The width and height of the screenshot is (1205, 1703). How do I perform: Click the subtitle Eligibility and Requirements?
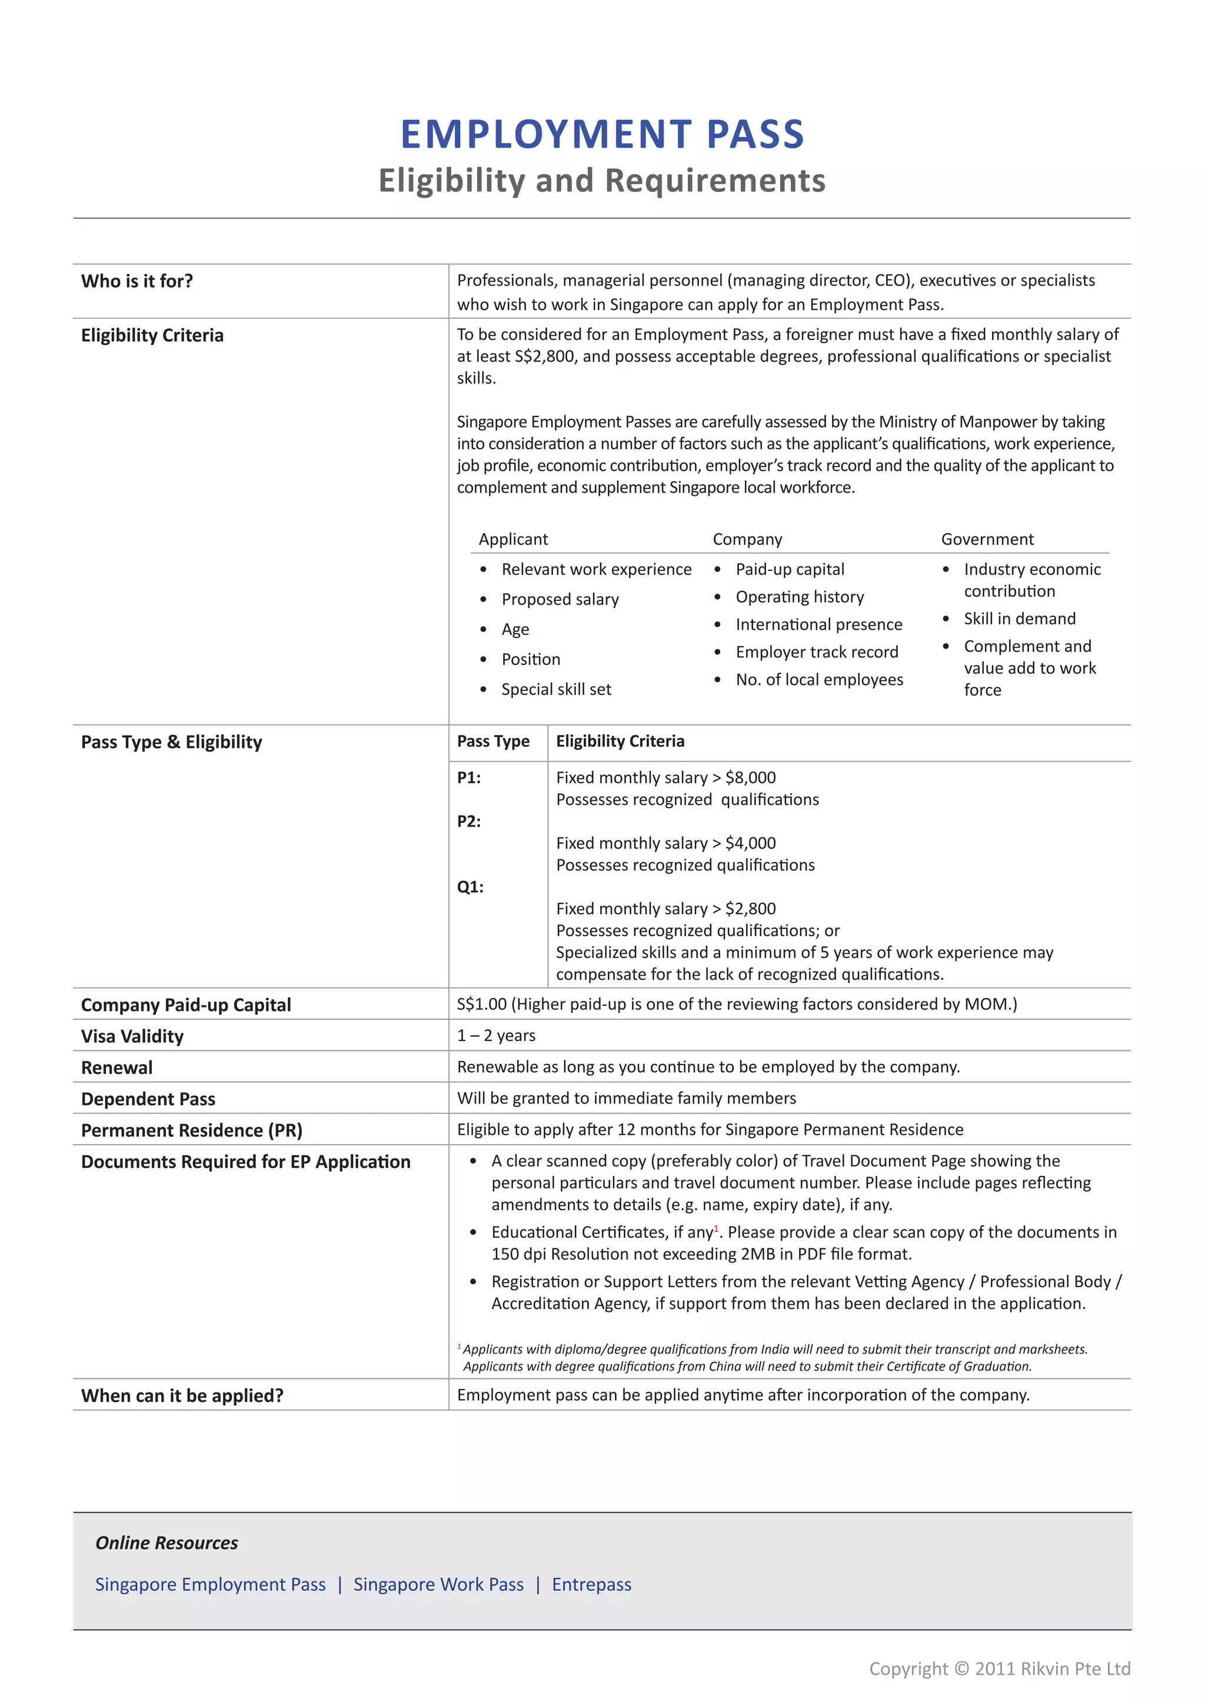602,181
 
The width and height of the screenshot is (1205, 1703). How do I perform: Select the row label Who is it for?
137,281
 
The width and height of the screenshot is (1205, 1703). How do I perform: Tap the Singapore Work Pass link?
438,1584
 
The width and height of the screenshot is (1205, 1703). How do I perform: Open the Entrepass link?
591,1584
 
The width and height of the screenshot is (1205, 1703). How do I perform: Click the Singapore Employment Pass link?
210,1584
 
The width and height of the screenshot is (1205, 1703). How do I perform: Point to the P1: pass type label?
468,777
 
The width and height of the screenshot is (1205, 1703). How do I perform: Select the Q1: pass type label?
470,887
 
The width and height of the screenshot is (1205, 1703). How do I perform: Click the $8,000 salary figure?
750,777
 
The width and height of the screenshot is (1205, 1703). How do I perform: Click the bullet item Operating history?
799,597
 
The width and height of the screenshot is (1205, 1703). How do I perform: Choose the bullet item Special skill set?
556,689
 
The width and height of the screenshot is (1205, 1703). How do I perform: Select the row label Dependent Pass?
148,1099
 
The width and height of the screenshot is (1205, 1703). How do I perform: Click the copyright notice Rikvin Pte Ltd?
1000,1669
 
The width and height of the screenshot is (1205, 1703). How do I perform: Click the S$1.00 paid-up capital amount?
481,1004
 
